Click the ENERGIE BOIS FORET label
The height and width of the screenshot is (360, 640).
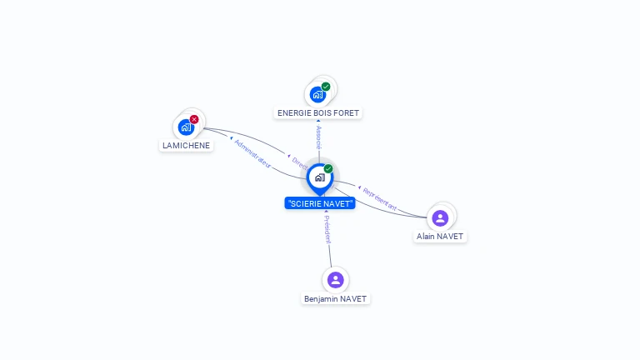point(319,112)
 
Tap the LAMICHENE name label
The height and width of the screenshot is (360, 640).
point(186,145)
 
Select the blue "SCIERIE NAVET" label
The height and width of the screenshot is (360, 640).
point(320,203)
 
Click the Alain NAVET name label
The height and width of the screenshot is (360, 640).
point(440,237)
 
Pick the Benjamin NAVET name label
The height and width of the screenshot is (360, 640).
point(335,298)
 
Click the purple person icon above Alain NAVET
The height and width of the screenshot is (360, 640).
point(440,217)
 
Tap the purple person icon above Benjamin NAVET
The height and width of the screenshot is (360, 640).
point(335,279)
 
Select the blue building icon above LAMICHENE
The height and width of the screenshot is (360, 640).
point(186,127)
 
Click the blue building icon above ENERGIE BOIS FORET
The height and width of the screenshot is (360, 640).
point(317,94)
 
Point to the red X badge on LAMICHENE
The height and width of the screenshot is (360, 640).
point(194,119)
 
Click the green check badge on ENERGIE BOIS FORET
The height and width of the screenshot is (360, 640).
point(326,87)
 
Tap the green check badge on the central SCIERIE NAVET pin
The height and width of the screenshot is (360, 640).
point(328,168)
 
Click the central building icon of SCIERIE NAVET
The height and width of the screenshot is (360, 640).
point(319,177)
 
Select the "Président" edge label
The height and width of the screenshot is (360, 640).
point(327,228)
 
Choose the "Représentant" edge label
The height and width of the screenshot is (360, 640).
point(379,198)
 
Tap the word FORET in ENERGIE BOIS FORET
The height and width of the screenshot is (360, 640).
point(348,112)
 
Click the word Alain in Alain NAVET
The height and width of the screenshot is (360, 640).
point(427,237)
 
